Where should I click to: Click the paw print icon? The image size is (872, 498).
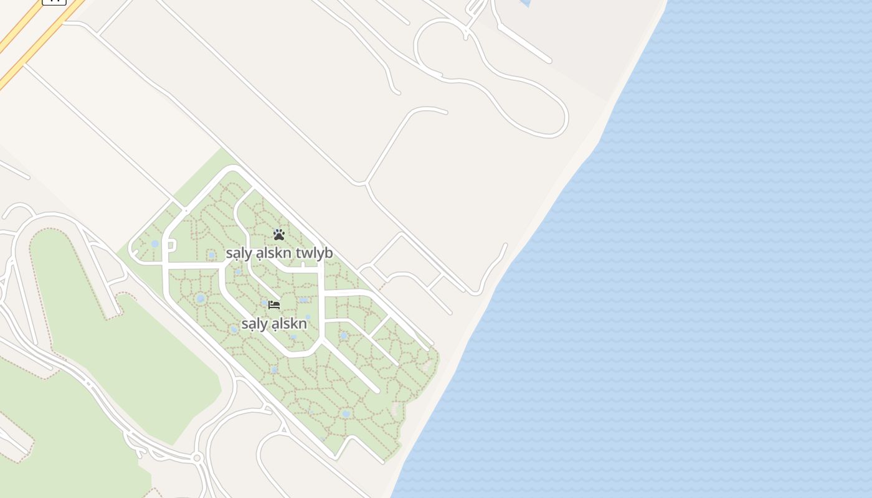pos(278,235)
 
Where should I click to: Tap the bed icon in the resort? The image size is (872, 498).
pos(274,305)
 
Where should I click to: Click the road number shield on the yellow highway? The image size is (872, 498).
pos(54,1)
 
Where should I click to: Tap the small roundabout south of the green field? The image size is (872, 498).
pos(197,458)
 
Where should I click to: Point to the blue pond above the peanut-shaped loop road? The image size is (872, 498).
pos(525,2)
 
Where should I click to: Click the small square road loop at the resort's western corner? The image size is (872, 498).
pos(171,245)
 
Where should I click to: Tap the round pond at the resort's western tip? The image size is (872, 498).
pos(154,243)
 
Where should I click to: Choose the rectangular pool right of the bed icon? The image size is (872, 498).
pos(303,300)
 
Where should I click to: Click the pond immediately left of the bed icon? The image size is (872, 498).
pos(264,303)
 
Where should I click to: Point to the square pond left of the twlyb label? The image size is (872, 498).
pos(212,255)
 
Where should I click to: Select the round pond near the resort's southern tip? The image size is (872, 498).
pos(346,413)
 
